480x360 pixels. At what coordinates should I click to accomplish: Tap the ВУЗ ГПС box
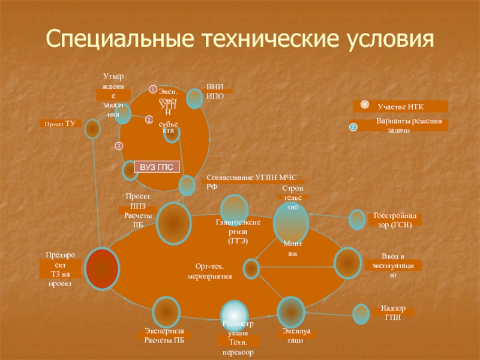(x=156, y=167)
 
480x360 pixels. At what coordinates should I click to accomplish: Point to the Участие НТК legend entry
(x=400, y=106)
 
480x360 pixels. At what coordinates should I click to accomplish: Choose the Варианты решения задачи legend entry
(x=400, y=125)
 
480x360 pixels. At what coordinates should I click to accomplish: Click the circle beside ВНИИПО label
(x=194, y=98)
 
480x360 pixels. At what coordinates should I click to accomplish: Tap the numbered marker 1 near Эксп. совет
(x=153, y=90)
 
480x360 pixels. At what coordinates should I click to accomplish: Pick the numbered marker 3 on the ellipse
(x=119, y=146)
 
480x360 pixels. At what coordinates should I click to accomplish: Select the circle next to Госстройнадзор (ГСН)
(x=357, y=220)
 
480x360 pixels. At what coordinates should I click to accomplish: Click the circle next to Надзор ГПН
(x=361, y=314)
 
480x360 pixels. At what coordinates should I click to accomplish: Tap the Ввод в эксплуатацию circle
(x=347, y=263)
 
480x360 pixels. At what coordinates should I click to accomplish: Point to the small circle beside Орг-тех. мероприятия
(x=251, y=268)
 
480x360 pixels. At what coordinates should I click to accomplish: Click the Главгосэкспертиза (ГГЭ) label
(x=237, y=230)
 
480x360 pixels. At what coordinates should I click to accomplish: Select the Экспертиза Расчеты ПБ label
(x=164, y=336)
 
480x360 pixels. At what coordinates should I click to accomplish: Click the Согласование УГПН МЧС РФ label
(x=254, y=182)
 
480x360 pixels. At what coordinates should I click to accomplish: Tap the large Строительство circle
(x=290, y=222)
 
